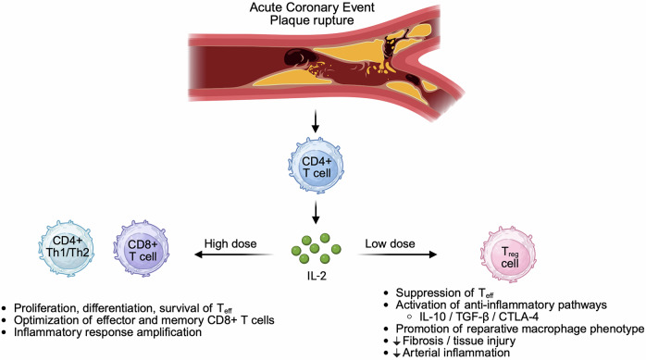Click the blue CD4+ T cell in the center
[316, 167]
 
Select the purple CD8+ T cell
[142, 248]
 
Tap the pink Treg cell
[509, 254]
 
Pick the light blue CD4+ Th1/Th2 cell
[68, 248]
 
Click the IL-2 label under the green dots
[317, 276]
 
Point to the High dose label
[230, 243]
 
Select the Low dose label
[390, 243]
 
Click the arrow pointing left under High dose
[233, 254]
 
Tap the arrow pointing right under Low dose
[397, 254]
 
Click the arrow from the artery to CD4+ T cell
[316, 121]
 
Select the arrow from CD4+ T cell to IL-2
[316, 212]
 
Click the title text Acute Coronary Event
[312, 7]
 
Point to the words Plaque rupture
[312, 19]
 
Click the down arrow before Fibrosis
[397, 341]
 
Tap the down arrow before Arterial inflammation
[397, 354]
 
